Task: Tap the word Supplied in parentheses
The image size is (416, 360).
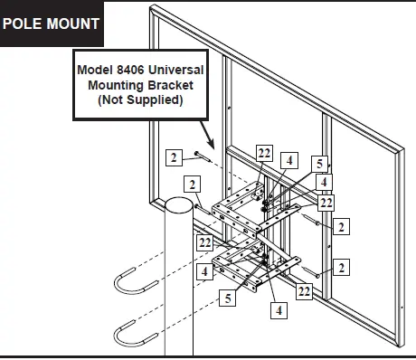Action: click(x=154, y=101)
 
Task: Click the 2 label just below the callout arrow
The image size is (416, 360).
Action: click(x=172, y=157)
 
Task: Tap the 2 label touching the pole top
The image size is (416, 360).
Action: click(x=193, y=184)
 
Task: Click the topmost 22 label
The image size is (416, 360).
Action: click(x=263, y=151)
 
